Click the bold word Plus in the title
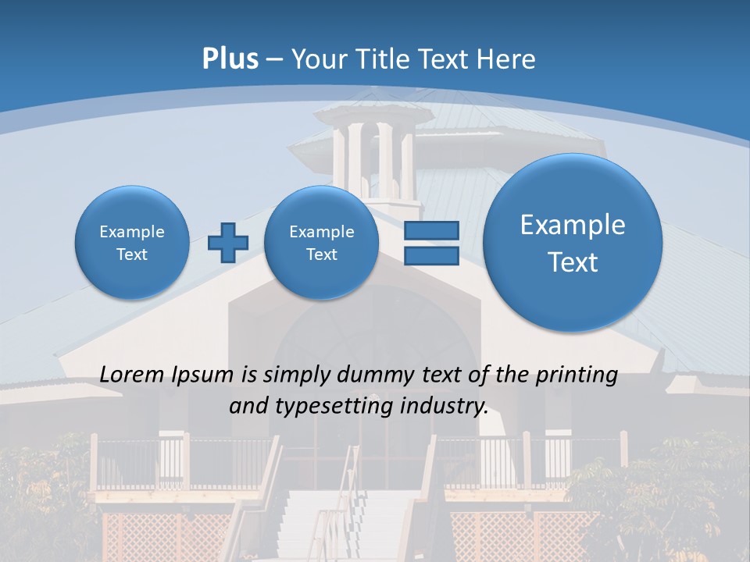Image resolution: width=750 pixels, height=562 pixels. point(230,59)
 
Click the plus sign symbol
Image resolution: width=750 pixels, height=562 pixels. point(227,242)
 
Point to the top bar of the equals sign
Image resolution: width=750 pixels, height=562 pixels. point(431,230)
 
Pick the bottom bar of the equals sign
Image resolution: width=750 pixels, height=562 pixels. point(431,256)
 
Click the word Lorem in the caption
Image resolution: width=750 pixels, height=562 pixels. point(132,375)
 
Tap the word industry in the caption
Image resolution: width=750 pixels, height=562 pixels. point(449,407)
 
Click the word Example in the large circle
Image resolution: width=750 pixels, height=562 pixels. point(573,225)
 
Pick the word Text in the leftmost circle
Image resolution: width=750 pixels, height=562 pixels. point(132,254)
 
